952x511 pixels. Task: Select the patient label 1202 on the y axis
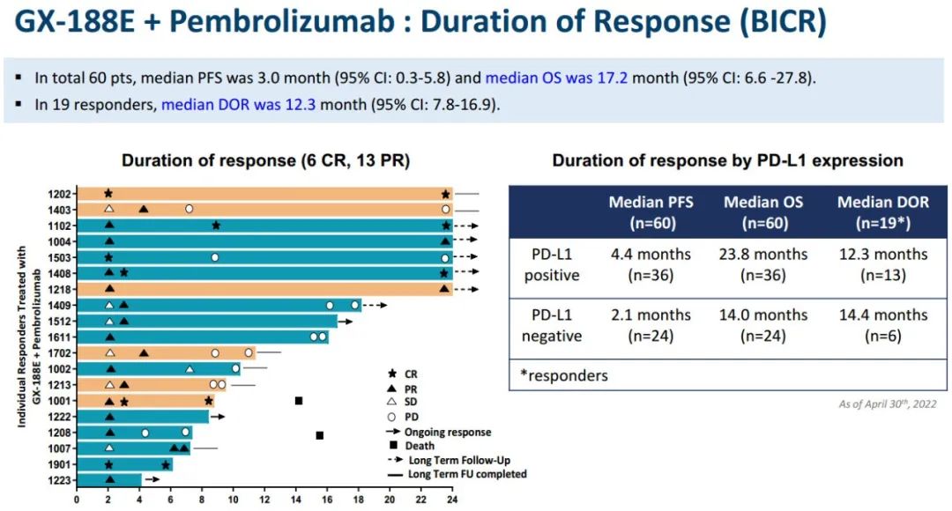click(x=63, y=193)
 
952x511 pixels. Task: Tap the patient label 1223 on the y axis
click(x=63, y=480)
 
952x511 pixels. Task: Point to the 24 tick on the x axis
click(x=452, y=500)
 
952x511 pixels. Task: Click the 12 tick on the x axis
click(x=264, y=500)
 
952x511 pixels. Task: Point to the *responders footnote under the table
click(x=563, y=375)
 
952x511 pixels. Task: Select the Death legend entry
click(x=420, y=446)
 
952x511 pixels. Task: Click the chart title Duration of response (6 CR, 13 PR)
click(x=265, y=160)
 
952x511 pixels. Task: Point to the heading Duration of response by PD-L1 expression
click(x=727, y=160)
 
